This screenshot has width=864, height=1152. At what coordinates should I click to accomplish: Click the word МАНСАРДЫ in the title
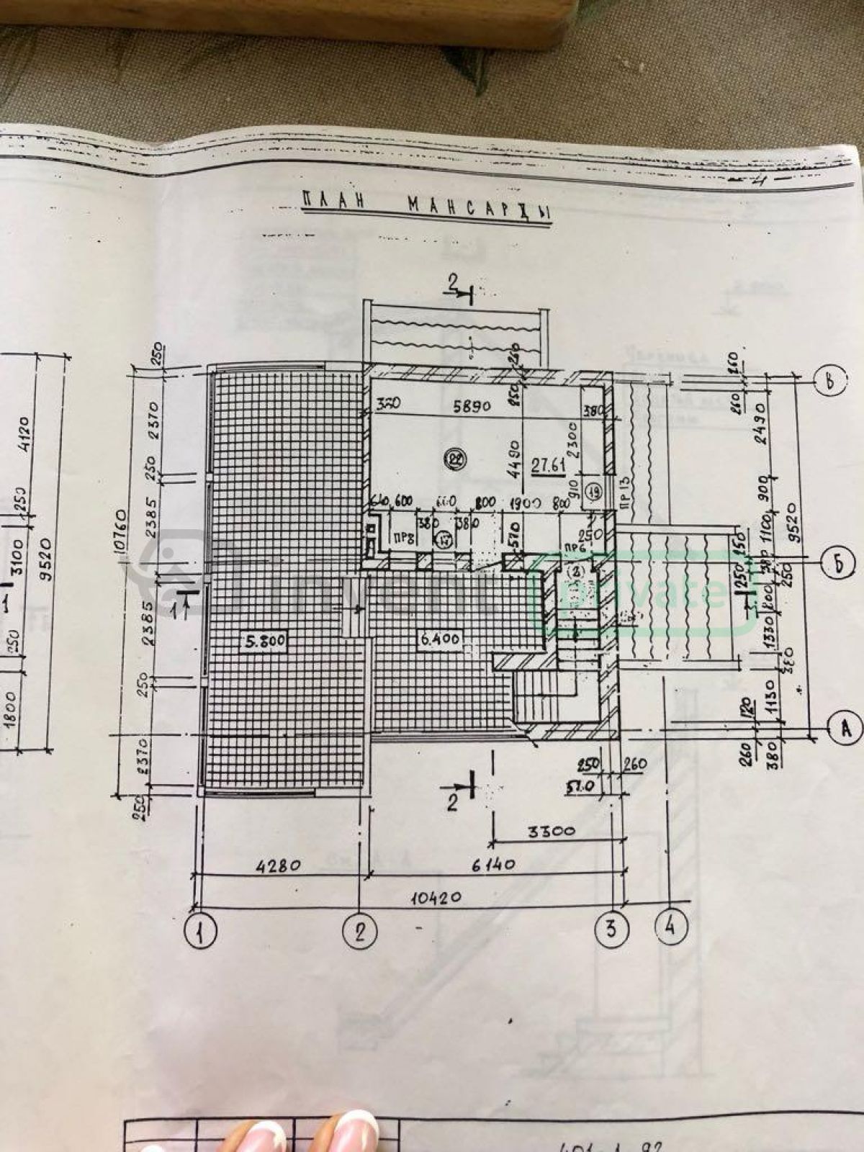click(478, 210)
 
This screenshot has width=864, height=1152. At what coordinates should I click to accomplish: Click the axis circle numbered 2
click(361, 934)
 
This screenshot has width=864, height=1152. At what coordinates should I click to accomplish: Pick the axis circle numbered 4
click(670, 929)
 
